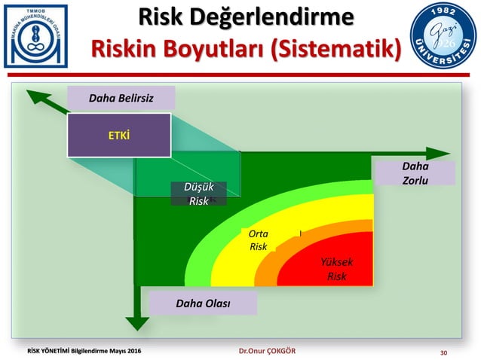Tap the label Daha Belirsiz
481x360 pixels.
click(x=121, y=97)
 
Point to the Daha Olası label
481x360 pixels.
click(x=203, y=304)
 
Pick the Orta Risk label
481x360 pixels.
click(x=258, y=240)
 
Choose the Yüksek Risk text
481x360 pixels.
click(x=336, y=269)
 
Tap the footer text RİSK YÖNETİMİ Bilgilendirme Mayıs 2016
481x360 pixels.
click(x=84, y=352)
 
